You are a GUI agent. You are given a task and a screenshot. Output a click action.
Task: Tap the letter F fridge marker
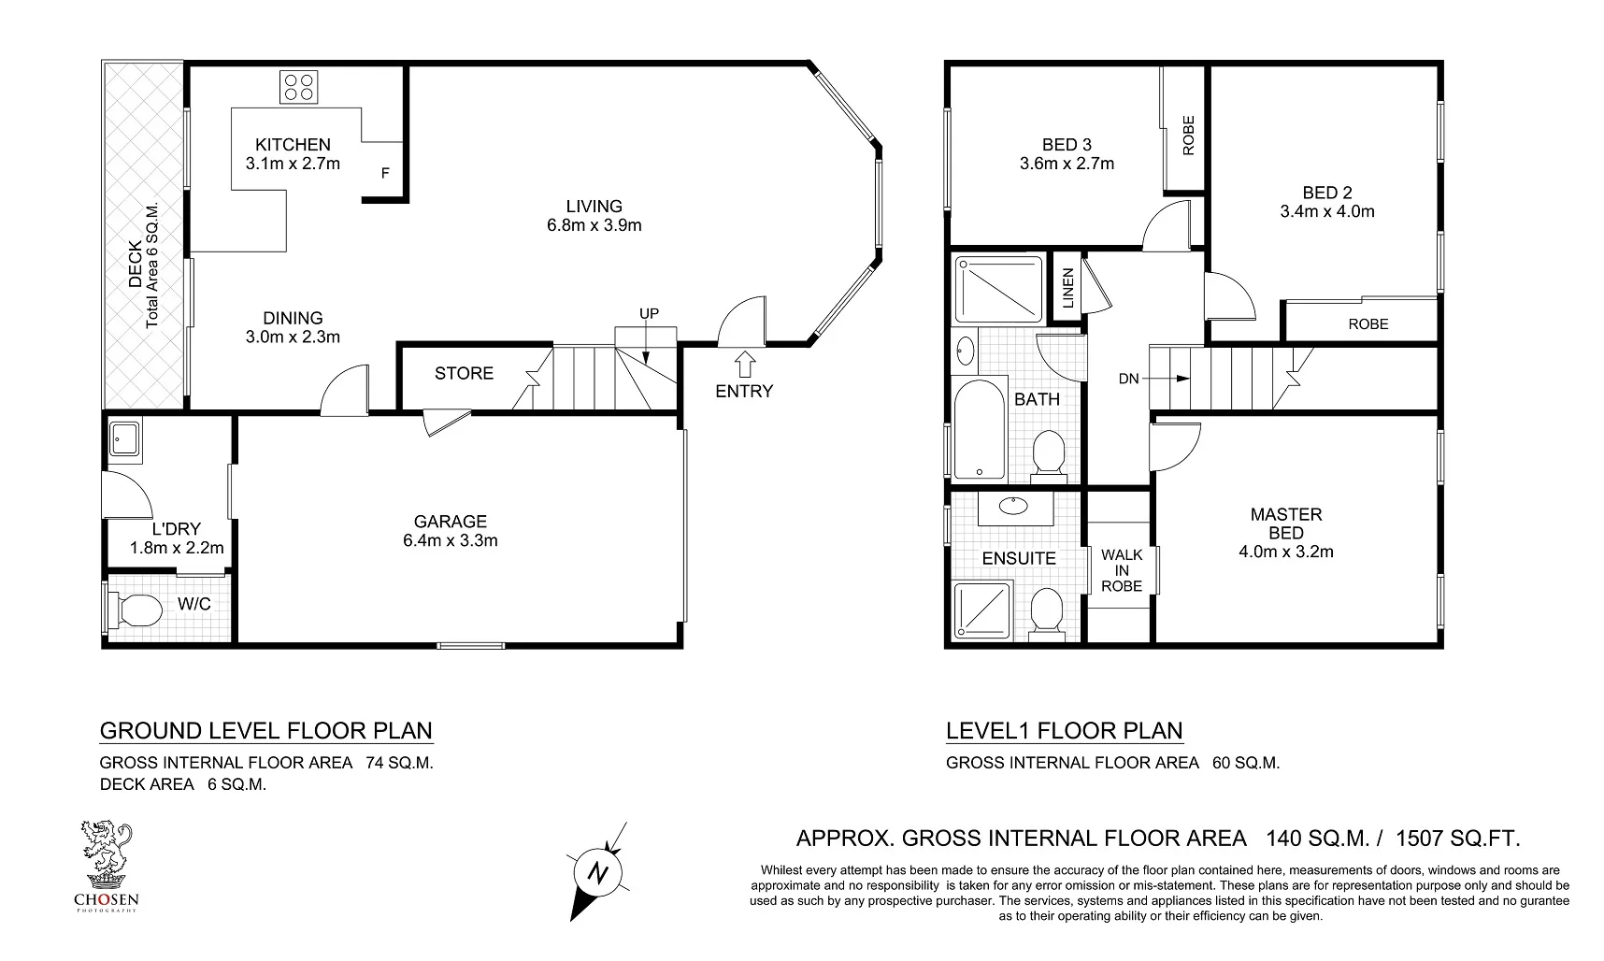tap(384, 173)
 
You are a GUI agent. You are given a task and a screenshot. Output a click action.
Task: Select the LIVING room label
tap(594, 207)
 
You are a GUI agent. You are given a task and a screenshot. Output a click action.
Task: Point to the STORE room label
tap(464, 374)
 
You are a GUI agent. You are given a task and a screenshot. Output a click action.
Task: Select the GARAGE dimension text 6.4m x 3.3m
tap(451, 540)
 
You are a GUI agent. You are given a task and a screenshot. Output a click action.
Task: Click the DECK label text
tap(135, 265)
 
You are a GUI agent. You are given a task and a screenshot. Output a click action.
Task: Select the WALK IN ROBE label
tap(1122, 570)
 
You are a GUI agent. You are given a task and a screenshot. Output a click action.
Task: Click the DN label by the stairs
tap(1128, 379)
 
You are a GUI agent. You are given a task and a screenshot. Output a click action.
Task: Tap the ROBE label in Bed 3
tap(1188, 136)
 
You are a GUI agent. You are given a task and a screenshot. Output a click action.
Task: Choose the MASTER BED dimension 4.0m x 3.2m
tap(1286, 552)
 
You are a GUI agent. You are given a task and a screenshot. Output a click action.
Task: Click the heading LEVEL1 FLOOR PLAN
tap(1064, 731)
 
